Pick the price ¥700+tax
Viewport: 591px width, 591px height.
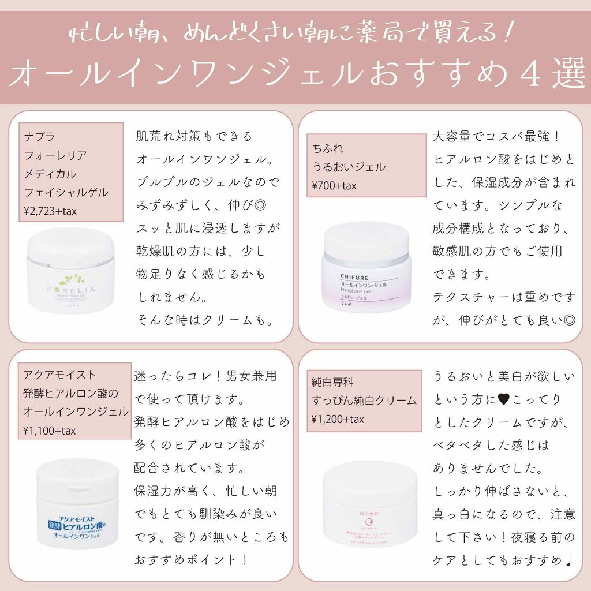click(x=334, y=186)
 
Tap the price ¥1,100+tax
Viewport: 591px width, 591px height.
click(x=50, y=431)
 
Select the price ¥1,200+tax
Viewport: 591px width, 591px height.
click(x=338, y=419)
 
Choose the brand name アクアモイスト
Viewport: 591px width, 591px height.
click(x=59, y=375)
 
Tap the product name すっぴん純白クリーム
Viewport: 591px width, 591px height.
click(x=364, y=401)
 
